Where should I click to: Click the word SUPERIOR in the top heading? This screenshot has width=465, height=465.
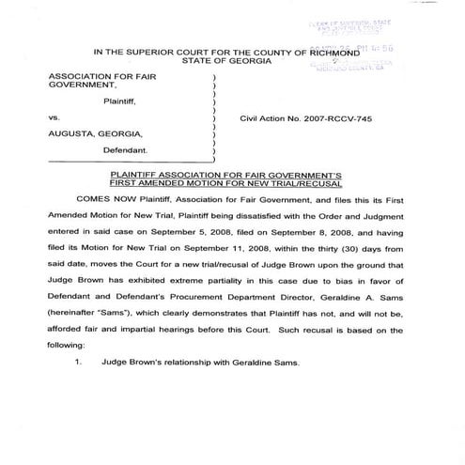tap(161, 53)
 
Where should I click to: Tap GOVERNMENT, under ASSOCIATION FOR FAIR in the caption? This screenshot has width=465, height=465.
tap(79, 93)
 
